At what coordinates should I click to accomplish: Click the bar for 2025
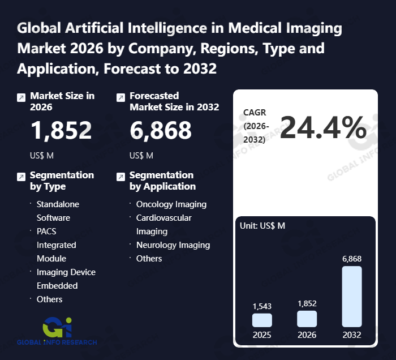coord(262,320)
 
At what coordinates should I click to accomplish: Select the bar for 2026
coord(307,319)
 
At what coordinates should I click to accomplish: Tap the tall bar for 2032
coord(352,296)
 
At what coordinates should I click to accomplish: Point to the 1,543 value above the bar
coord(262,306)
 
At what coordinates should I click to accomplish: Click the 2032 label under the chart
coord(352,335)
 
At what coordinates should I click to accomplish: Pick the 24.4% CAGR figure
coord(323,127)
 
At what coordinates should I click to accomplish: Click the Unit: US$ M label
coord(262,226)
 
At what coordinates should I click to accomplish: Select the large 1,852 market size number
coord(61,130)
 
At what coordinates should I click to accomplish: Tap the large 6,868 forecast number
coord(161,130)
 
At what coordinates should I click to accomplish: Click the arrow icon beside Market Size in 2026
coord(21,97)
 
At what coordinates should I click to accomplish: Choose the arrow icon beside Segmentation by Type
coord(21,177)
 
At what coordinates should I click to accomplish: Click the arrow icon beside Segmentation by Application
coord(120,177)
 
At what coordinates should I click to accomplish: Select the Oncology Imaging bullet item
coord(171,204)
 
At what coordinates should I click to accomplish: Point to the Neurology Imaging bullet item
coord(173,245)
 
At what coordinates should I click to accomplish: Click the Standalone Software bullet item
coord(58,211)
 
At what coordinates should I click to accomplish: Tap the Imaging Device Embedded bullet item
coord(66,278)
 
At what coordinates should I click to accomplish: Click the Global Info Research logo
coord(57,331)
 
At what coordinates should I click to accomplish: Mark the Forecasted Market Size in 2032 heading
coord(174,101)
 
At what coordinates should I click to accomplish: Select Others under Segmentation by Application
coord(149,259)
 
